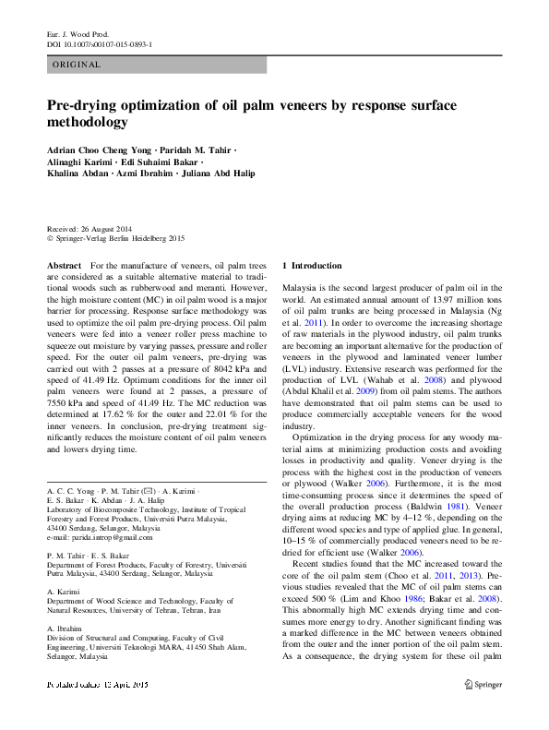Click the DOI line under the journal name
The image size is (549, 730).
pyautogui.click(x=100, y=43)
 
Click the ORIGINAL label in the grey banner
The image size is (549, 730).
pyautogui.click(x=77, y=65)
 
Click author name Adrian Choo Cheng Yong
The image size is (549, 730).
pyautogui.click(x=98, y=150)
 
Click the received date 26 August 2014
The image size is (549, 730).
pyautogui.click(x=122, y=229)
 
